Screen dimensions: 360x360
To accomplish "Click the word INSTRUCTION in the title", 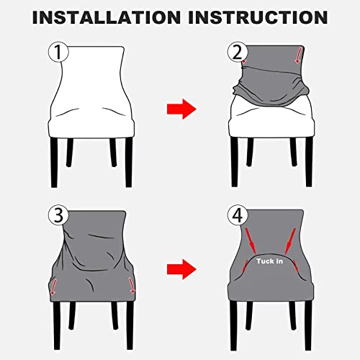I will point(260,16).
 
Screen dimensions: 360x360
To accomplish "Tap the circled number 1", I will point(57,53).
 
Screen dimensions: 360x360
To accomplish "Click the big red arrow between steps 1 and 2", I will point(180,110).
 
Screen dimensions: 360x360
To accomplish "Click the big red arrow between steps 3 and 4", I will point(180,271).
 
